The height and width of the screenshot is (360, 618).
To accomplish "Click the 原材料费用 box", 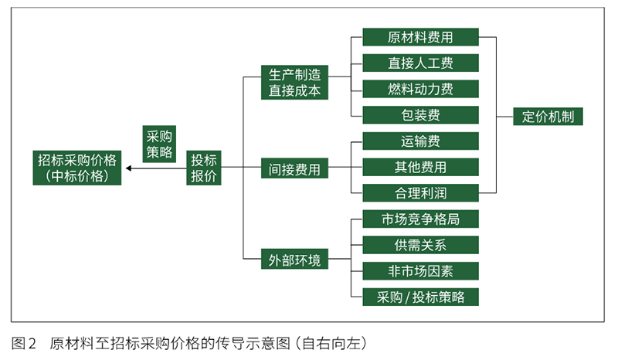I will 420,37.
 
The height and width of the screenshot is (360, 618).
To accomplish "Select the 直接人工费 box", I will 420,63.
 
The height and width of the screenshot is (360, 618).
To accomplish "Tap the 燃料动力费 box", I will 420,88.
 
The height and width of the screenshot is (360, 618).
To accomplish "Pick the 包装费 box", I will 420,115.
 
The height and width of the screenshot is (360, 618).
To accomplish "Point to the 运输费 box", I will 420,141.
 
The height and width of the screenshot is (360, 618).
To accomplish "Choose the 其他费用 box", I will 420,166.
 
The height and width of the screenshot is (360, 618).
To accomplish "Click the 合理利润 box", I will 420,192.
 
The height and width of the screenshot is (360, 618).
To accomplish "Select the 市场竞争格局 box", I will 420,219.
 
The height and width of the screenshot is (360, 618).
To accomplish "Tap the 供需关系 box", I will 420,245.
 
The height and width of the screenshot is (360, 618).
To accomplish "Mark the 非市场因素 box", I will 420,270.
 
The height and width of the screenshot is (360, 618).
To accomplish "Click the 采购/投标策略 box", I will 420,297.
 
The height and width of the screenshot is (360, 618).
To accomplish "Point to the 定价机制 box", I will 548,117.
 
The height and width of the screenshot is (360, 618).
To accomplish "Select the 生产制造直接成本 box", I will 294,82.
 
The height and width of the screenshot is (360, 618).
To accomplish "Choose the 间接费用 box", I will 294,168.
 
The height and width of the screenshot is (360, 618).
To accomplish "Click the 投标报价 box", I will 204,168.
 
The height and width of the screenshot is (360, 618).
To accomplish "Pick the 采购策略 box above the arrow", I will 159,143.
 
